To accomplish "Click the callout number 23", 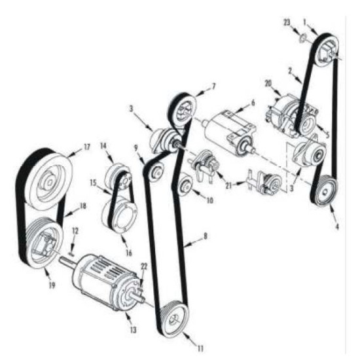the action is (x=287, y=23).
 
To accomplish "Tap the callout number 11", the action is (x=200, y=349).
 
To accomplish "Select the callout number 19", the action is (x=52, y=285).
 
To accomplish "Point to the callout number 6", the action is (x=253, y=103).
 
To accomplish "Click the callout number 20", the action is (x=268, y=84).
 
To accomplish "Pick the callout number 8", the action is (x=206, y=236).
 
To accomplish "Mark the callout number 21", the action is (x=228, y=185).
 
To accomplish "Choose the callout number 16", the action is (x=129, y=253).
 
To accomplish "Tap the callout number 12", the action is (x=75, y=231).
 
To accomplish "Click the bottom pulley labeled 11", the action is (x=175, y=319).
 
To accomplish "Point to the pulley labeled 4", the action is (x=325, y=191).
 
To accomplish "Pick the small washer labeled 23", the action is (x=302, y=38).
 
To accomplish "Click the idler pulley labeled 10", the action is (x=185, y=184).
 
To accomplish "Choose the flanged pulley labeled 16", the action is (x=120, y=214).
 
